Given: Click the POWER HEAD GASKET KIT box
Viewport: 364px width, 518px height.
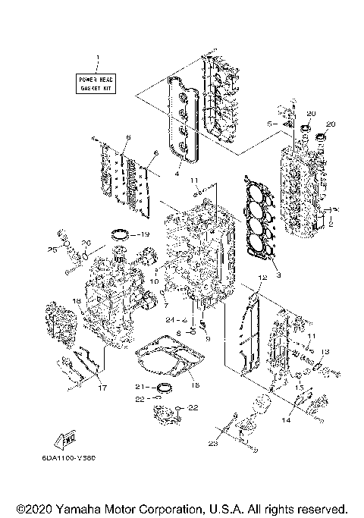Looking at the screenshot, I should (96, 83).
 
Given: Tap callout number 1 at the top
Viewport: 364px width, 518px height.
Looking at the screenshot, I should (96, 58).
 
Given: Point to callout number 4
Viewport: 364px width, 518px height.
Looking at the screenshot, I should (176, 174).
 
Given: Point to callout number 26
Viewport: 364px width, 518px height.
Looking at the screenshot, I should (86, 243).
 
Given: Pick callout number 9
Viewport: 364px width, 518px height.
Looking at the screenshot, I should (206, 338).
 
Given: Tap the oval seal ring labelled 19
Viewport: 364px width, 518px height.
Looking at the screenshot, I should (121, 234).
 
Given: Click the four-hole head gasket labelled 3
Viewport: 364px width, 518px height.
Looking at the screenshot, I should (257, 221).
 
